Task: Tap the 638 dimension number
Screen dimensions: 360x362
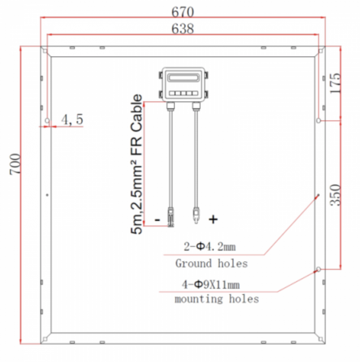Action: [x=183, y=29]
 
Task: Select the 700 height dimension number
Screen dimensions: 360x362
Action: [x=15, y=164]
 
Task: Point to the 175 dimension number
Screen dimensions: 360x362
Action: [x=335, y=83]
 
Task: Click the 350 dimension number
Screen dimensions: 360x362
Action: [x=335, y=195]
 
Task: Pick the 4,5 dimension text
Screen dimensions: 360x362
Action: [x=72, y=120]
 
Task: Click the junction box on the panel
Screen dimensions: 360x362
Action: [x=183, y=85]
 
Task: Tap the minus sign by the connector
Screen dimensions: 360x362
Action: [x=157, y=219]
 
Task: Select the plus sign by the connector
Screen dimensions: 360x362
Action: [x=213, y=219]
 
